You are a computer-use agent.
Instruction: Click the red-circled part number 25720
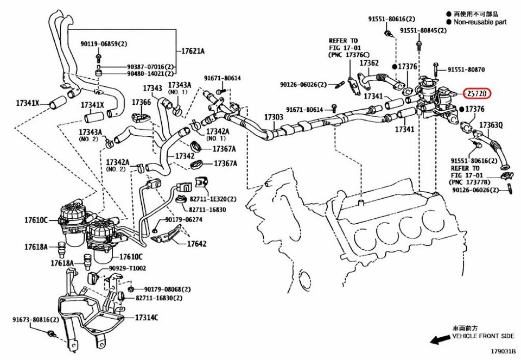click(478, 94)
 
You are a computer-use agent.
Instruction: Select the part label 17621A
click(193, 51)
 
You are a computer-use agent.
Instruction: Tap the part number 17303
click(274, 117)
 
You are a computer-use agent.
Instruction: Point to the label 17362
click(369, 64)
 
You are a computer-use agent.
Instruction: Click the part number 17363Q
click(491, 125)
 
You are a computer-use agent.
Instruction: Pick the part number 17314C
click(147, 317)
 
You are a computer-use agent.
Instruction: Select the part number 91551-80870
click(466, 70)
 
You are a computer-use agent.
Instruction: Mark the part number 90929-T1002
click(127, 268)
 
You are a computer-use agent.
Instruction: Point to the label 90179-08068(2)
click(166, 289)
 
